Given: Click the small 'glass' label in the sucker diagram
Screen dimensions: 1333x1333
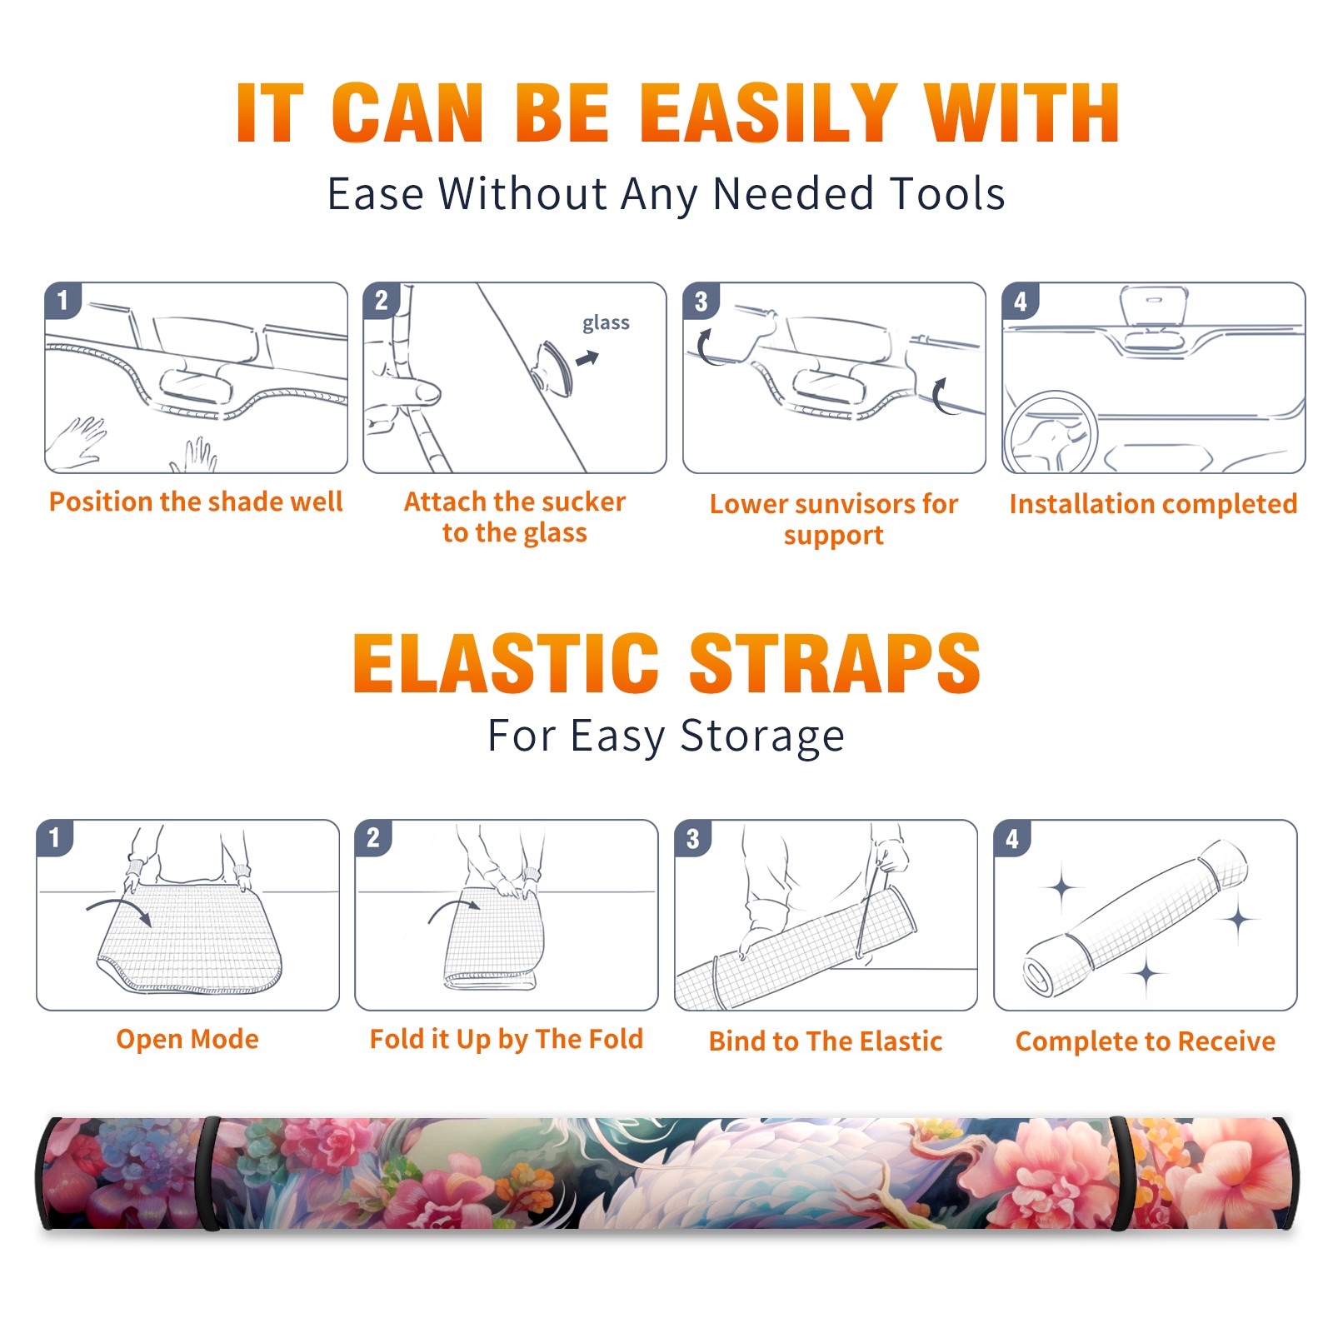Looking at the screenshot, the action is pyautogui.click(x=606, y=323).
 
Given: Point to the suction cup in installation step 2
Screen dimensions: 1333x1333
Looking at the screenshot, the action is pyautogui.click(x=553, y=367).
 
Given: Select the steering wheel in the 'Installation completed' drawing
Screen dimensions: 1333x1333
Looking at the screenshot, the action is pyautogui.click(x=1050, y=432).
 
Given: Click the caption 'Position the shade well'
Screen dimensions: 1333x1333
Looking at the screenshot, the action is pyautogui.click(x=196, y=502).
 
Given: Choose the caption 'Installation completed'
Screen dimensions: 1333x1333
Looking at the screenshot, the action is pyautogui.click(x=1153, y=504).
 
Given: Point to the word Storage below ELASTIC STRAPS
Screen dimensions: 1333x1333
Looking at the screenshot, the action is pyautogui.click(x=762, y=736).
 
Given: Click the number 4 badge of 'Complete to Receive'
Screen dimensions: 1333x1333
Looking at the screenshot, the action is pyautogui.click(x=1012, y=838).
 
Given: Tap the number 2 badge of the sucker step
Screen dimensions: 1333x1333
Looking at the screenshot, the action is pyautogui.click(x=382, y=301).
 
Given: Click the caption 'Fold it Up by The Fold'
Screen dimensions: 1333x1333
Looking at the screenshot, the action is pyautogui.click(x=507, y=1039).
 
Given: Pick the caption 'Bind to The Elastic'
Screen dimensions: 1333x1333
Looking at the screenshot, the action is pyautogui.click(x=826, y=1041).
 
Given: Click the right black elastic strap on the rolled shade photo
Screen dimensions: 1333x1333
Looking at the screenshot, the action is pyautogui.click(x=1121, y=1173).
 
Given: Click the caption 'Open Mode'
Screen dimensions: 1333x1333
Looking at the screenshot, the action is pyautogui.click(x=187, y=1039).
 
